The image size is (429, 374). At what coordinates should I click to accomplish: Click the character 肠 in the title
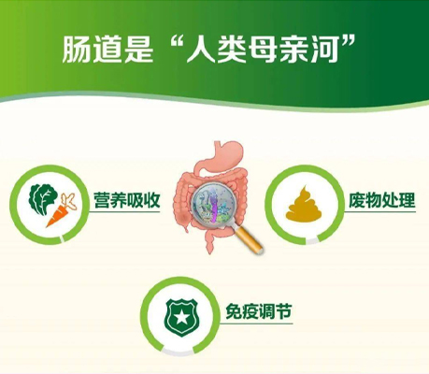pos(77,50)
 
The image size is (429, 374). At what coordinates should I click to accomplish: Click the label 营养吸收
pos(127,200)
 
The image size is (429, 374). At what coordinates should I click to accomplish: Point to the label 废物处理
pos(381,200)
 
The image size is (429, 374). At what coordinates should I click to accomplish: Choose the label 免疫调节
pos(259,311)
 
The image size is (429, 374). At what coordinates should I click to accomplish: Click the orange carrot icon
pos(61,211)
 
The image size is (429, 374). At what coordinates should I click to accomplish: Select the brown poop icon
pos(304,203)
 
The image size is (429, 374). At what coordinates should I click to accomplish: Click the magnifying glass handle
pos(250,240)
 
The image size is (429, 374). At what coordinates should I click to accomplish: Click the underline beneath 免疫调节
pos(256,324)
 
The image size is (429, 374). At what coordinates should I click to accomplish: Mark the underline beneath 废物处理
pos(379,212)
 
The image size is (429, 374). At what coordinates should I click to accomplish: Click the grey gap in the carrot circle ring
pos(63,239)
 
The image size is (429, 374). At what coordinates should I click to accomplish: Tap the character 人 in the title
pos(200,50)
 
